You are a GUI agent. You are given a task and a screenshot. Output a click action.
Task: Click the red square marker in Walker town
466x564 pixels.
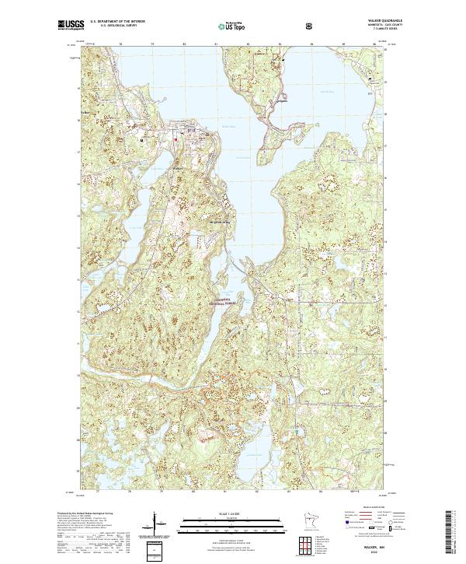click(x=176, y=138)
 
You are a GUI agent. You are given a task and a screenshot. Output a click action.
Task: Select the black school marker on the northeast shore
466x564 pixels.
click(x=370, y=79)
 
